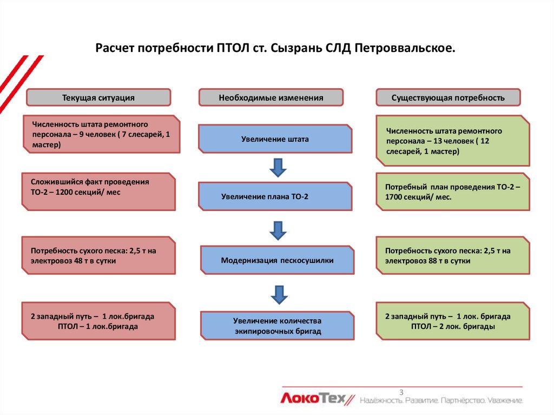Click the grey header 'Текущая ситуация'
point(98,97)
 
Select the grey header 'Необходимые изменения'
point(271,97)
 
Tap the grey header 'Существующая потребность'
point(448,97)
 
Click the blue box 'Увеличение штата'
point(275,139)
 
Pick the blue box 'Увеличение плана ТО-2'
point(275,196)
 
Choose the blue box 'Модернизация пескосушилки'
point(277,260)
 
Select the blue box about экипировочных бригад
point(277,326)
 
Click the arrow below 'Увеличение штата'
point(278,168)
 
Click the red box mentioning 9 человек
point(101,135)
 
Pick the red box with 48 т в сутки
point(98,255)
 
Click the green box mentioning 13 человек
point(453,141)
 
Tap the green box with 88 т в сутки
point(453,255)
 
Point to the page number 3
point(401,392)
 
